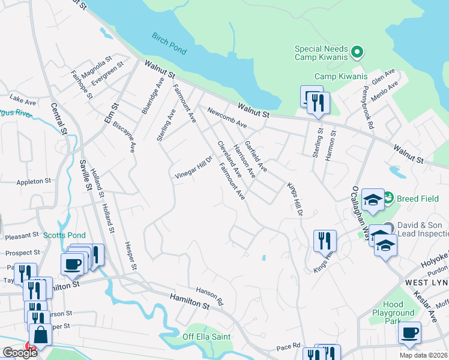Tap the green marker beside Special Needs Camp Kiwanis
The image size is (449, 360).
[x=358, y=52]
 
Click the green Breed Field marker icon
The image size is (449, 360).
[x=388, y=197]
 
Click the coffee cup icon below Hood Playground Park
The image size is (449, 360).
[x=409, y=332]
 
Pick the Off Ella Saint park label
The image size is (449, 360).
[x=206, y=337]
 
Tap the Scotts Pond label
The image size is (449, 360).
[x=64, y=235]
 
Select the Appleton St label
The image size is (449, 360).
[x=34, y=181]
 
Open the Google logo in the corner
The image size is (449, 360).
[x=20, y=353]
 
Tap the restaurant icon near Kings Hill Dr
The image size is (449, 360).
[x=324, y=241]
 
